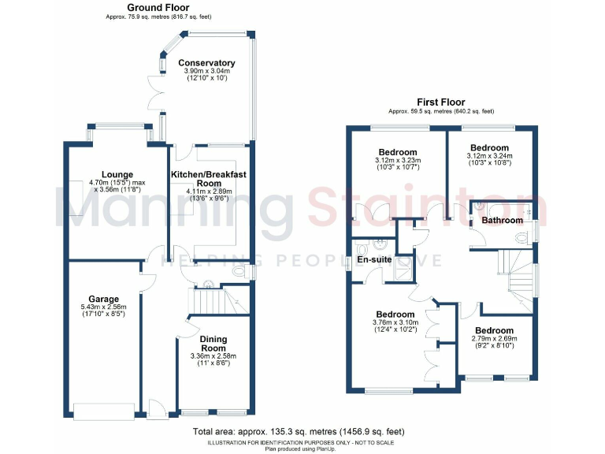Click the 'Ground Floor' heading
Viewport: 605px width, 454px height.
click(x=158, y=8)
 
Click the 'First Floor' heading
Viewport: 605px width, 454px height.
click(x=441, y=102)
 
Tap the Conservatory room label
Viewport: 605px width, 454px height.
click(x=206, y=63)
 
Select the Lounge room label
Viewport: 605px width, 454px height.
click(x=117, y=174)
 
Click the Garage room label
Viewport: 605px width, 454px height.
click(x=103, y=299)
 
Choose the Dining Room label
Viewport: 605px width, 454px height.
click(x=213, y=344)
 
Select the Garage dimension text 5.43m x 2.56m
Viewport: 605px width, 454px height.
click(x=103, y=307)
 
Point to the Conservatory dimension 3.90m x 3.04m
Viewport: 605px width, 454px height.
click(x=206, y=72)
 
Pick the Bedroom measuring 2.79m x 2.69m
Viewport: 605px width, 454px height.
click(x=494, y=330)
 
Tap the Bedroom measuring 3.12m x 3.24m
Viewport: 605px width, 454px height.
click(x=489, y=147)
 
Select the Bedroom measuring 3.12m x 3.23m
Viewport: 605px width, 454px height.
click(x=398, y=152)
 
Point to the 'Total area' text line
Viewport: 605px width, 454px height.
click(x=299, y=432)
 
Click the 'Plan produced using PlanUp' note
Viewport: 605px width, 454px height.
click(x=299, y=448)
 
